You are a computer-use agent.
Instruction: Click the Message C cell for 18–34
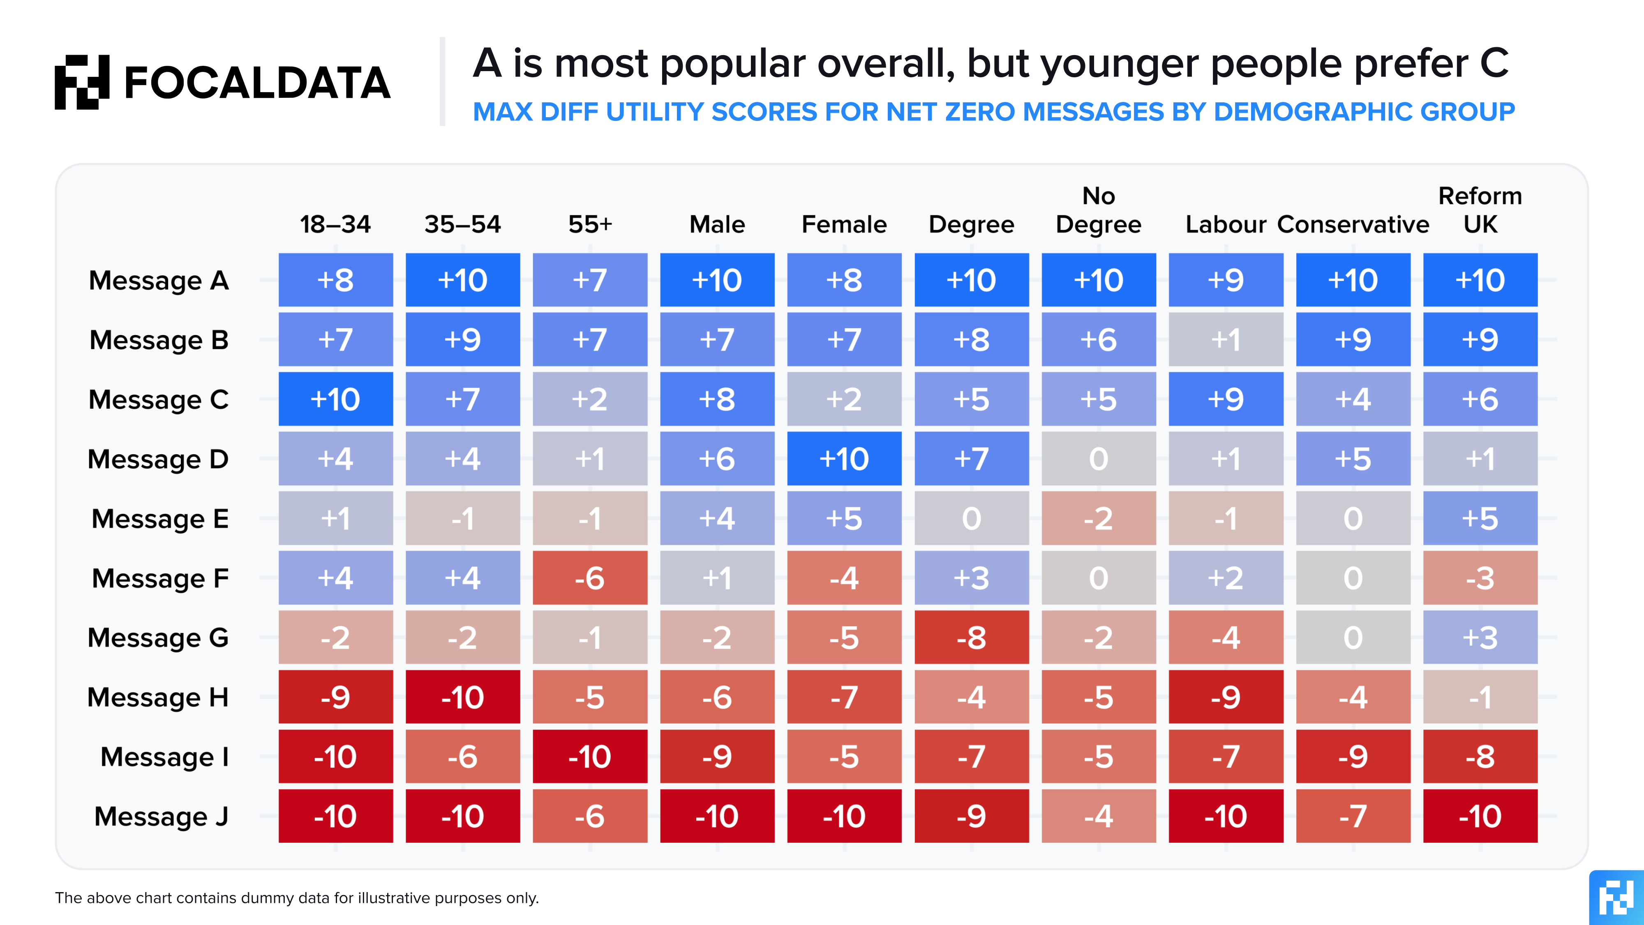336,399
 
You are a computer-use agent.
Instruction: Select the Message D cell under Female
844,458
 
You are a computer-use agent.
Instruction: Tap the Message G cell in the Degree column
971,637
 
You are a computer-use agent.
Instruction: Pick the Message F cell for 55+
590,578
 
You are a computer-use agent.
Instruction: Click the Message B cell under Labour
1225,340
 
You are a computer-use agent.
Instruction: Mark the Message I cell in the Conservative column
1353,756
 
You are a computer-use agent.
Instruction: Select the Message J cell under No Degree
1098,816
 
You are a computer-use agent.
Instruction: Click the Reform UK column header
1480,210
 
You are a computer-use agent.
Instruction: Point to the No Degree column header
1098,210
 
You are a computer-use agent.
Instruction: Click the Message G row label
158,638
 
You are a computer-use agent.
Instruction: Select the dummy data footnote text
297,897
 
